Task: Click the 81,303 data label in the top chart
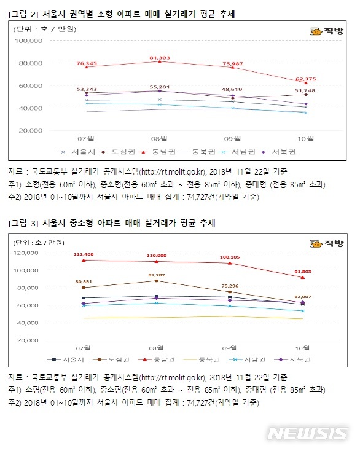(x=159, y=57)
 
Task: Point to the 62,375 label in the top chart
(x=305, y=79)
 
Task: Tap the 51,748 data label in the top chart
(x=305, y=91)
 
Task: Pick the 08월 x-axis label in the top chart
(x=160, y=138)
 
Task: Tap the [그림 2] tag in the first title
(x=23, y=13)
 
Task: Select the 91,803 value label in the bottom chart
(x=303, y=271)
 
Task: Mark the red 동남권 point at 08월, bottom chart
(x=157, y=261)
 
